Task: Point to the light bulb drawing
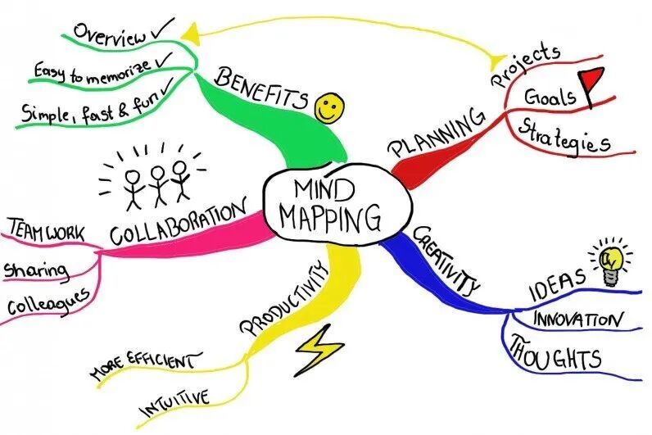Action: click(x=612, y=261)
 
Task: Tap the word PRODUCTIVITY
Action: click(x=279, y=299)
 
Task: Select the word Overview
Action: click(x=110, y=35)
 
